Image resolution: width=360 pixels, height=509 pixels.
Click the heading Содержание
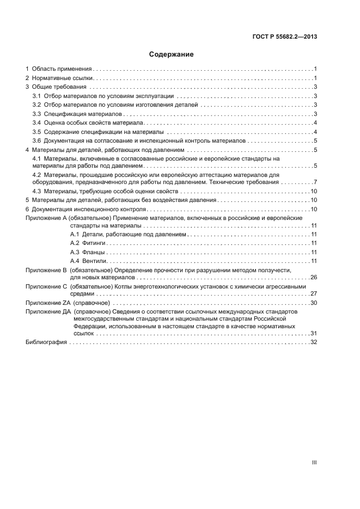172,54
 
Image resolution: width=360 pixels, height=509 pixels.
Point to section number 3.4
36,122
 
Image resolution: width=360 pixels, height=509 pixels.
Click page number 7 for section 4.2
315,182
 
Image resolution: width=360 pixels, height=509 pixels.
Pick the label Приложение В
46,270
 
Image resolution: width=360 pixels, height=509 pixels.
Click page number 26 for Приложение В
313,278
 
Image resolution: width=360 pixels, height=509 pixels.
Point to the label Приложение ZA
47,303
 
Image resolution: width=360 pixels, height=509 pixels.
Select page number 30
313,303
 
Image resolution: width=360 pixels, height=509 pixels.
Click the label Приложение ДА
48,311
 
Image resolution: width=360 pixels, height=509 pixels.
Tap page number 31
313,333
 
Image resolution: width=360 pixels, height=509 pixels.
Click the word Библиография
46,342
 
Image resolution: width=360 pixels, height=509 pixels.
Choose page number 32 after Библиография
313,342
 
